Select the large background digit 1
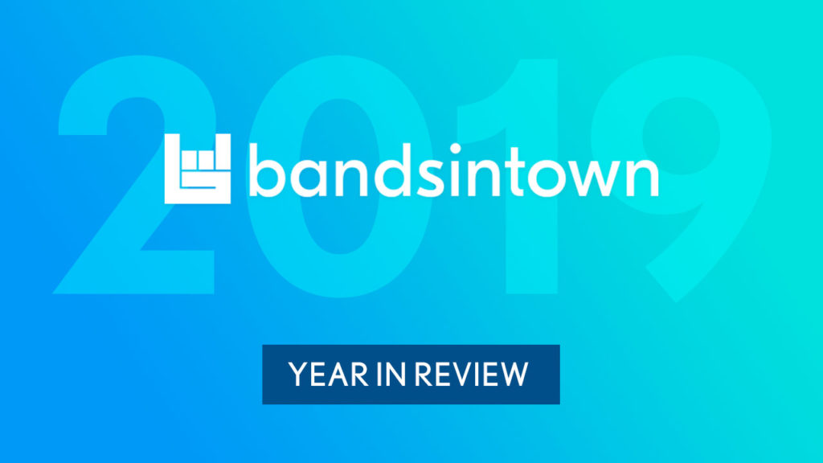click(531, 236)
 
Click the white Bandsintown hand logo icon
click(198, 169)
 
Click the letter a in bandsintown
click(315, 177)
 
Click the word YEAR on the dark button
click(328, 375)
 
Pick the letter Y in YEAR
click(298, 375)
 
